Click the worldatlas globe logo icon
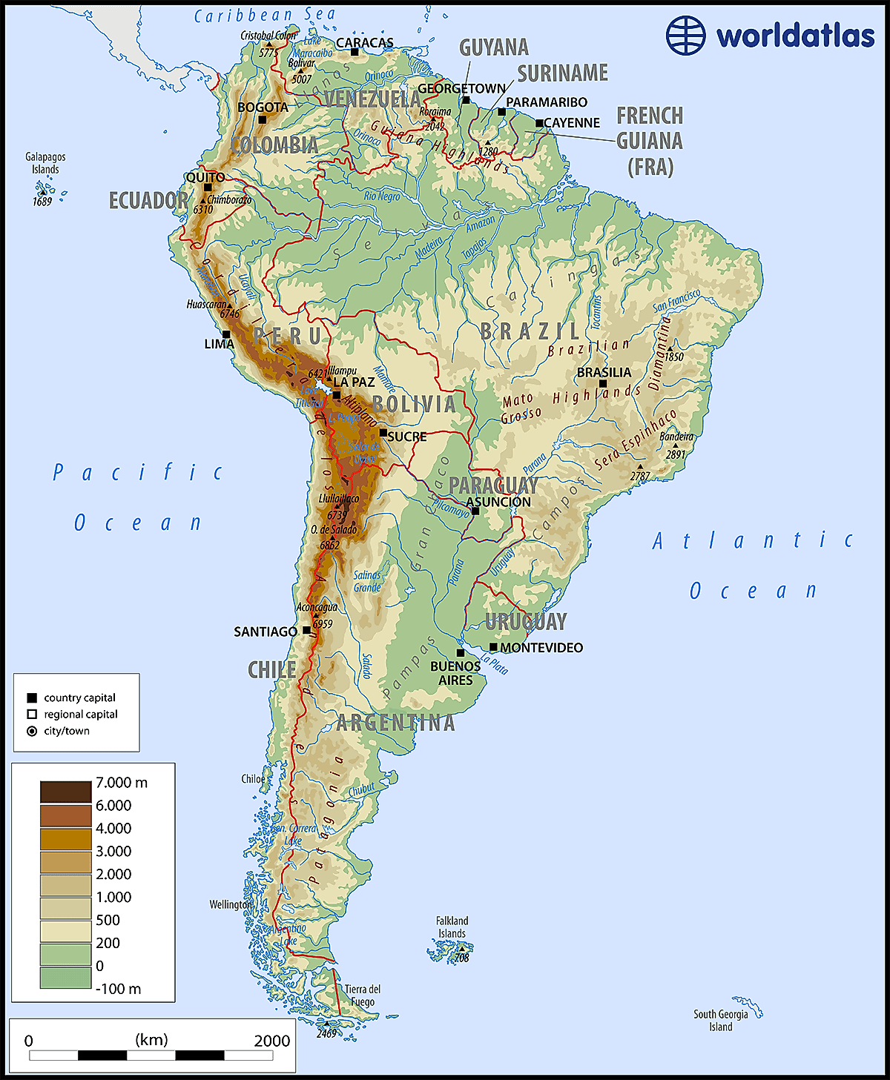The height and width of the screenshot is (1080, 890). click(685, 35)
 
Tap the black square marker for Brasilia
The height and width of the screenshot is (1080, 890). click(603, 383)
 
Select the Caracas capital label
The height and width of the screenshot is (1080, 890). click(365, 43)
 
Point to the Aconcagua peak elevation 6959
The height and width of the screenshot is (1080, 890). click(323, 624)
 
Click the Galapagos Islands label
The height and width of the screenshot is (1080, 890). click(45, 163)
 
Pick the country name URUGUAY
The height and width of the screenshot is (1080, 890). click(526, 621)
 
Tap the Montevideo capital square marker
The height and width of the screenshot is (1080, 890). click(493, 647)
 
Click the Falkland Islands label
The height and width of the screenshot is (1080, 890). click(452, 927)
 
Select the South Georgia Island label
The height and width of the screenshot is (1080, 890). click(720, 1021)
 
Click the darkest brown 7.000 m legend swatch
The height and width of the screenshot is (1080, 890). click(65, 792)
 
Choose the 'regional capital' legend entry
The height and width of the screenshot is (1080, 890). click(80, 715)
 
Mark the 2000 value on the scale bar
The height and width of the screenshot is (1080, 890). click(271, 1041)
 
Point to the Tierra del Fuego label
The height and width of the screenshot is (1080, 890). click(363, 995)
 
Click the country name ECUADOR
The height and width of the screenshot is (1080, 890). click(148, 200)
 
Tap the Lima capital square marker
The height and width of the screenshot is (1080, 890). click(227, 334)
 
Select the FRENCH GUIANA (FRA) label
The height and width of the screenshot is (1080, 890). click(650, 141)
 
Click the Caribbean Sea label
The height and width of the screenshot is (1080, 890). click(265, 15)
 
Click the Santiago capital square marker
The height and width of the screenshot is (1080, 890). click(306, 630)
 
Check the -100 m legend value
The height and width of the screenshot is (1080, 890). click(118, 989)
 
